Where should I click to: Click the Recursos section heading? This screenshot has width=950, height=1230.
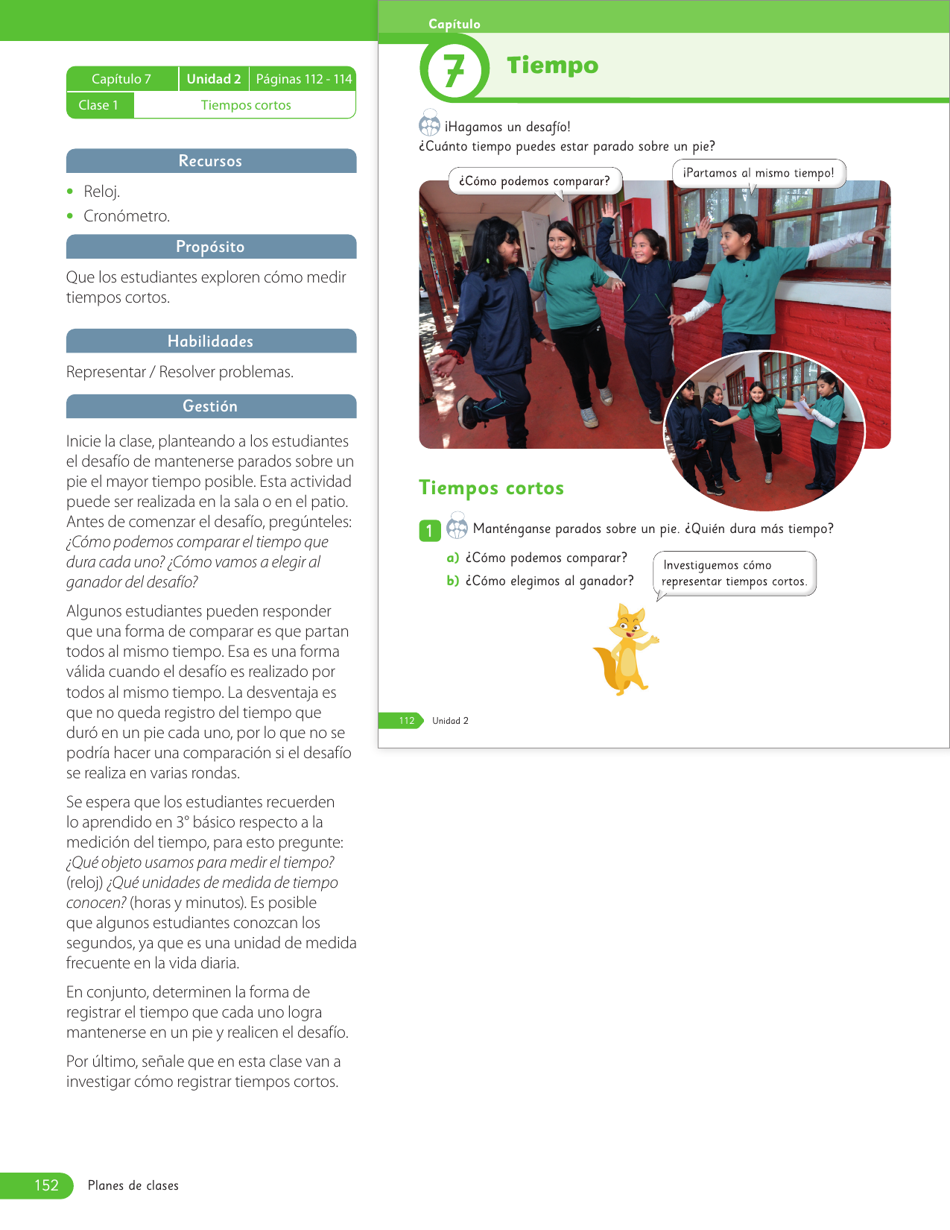[x=210, y=161]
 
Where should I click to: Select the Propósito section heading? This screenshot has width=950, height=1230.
[x=210, y=247]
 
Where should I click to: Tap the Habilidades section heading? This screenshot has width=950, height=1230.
[x=210, y=341]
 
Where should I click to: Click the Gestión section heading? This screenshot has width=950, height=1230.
[x=210, y=406]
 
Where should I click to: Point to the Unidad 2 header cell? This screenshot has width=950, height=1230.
[x=214, y=79]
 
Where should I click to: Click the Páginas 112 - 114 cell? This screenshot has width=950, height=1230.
[x=303, y=79]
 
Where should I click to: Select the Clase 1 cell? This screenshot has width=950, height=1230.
[x=99, y=105]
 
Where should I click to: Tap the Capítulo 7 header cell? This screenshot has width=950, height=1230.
[x=121, y=79]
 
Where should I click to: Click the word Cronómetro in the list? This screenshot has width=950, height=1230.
[x=127, y=216]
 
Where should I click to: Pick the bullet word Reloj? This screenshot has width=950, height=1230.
[x=101, y=192]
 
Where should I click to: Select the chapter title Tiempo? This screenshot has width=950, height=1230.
[x=552, y=66]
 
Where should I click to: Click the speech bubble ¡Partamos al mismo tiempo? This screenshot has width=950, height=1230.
[x=759, y=173]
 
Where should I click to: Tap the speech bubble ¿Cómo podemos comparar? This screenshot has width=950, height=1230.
[x=534, y=181]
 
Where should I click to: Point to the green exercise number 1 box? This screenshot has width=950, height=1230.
[x=429, y=530]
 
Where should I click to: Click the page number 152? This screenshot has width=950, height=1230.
[x=46, y=1185]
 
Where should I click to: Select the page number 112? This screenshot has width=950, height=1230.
[x=406, y=721]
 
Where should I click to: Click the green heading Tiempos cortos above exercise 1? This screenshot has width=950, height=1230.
[x=491, y=488]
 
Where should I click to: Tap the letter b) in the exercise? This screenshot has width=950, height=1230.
[x=452, y=581]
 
